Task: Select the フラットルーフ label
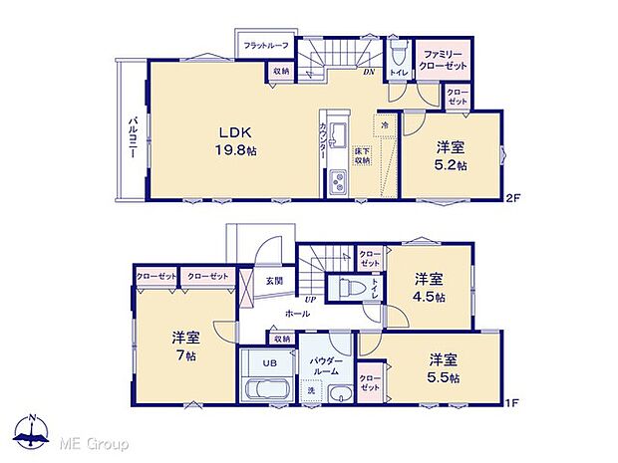[262, 45]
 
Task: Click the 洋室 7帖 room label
[185, 345]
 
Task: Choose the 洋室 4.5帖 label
[431, 288]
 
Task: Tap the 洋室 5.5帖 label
[445, 367]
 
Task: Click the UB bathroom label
[269, 364]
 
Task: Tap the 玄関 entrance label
[274, 281]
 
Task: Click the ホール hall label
[296, 314]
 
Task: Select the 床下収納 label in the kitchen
[363, 156]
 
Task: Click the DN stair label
[367, 72]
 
